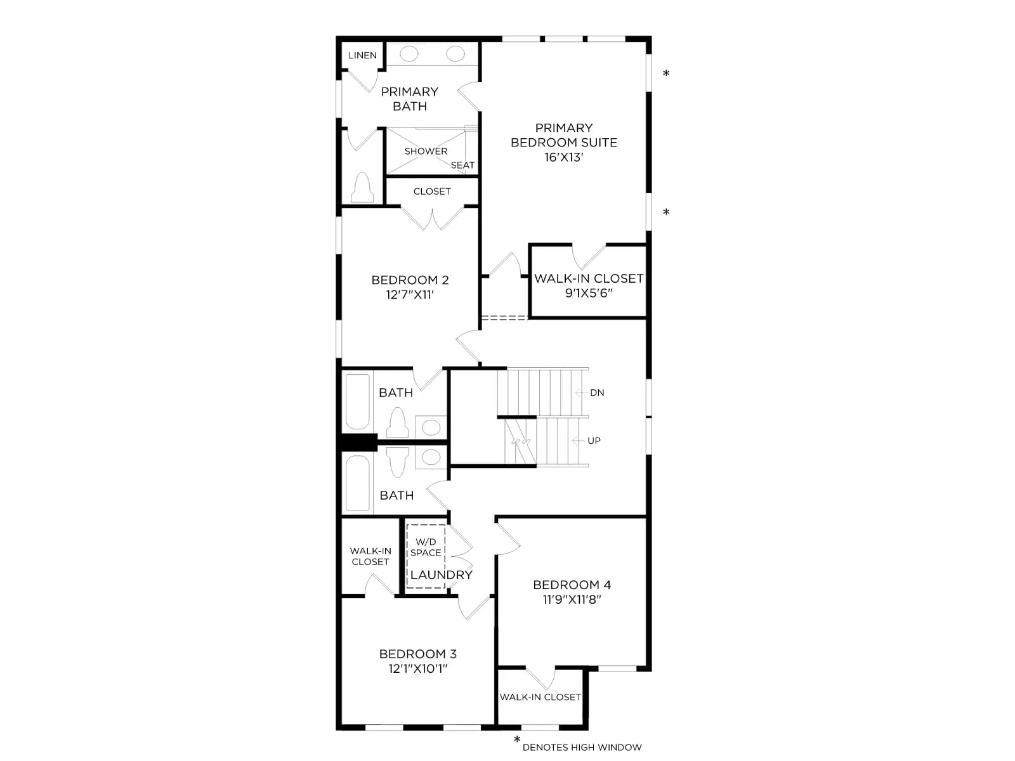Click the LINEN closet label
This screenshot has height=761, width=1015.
click(362, 55)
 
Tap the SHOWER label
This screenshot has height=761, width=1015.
click(426, 151)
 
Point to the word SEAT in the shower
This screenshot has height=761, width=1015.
click(462, 165)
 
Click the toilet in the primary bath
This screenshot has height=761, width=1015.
click(362, 188)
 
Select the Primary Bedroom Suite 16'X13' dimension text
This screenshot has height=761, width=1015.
click(564, 157)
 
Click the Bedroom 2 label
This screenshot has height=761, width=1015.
click(410, 280)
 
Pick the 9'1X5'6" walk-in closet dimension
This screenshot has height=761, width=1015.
click(589, 293)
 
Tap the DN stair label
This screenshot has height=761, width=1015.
click(597, 393)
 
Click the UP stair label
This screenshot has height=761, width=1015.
click(594, 441)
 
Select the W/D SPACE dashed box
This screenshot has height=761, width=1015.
click(426, 557)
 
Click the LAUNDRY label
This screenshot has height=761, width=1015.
click(441, 575)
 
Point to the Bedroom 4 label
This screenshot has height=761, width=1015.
click(572, 585)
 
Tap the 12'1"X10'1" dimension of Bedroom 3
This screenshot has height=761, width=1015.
click(418, 668)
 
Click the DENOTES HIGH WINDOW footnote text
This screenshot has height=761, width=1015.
click(582, 747)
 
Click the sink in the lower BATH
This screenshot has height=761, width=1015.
click(431, 457)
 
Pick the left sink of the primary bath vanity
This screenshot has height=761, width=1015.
click(409, 54)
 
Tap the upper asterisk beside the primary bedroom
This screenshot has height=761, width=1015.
click(666, 73)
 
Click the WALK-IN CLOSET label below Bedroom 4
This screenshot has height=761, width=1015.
click(540, 697)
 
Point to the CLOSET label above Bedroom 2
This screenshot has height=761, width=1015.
click(432, 192)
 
